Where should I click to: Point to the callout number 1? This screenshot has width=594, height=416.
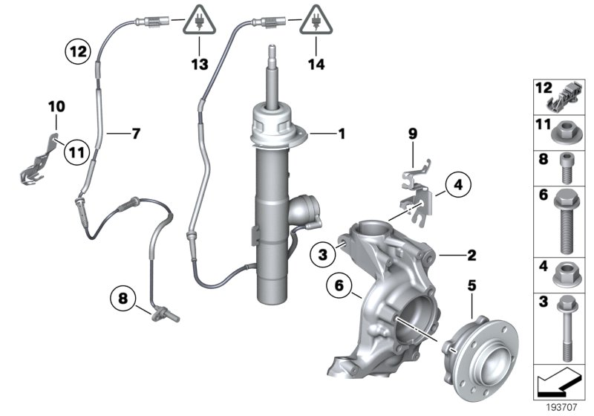coord(342,134)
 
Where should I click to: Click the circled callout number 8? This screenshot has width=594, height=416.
coord(123,299)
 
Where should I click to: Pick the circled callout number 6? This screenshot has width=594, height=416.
coord(339,285)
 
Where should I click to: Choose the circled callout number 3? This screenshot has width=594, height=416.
coord(323,256)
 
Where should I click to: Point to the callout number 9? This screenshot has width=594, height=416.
coord(412,134)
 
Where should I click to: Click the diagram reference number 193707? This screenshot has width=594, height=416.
coord(561,406)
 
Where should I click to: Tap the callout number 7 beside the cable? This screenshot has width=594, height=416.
coord(135,134)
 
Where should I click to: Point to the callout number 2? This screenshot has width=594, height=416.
coord(471,256)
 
